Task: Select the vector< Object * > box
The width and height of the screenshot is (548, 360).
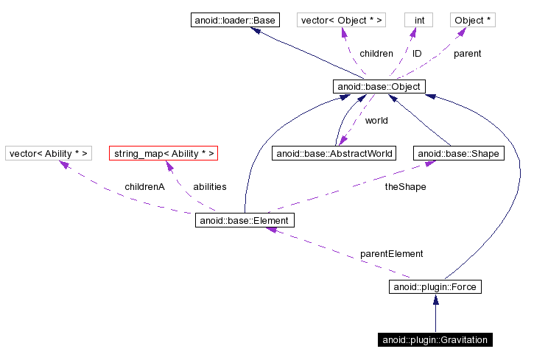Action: [x=342, y=20]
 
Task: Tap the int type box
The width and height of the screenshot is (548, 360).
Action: [x=418, y=20]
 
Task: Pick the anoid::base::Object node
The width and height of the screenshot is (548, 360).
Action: [x=379, y=87]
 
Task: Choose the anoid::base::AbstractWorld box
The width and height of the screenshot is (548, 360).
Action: [x=334, y=153]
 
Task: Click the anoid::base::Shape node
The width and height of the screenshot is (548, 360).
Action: [x=459, y=153]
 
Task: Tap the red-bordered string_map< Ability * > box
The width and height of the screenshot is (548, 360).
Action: [x=164, y=153]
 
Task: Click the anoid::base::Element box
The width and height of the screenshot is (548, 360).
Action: [x=245, y=220]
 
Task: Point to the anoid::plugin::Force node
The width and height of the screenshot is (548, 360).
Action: [x=435, y=286]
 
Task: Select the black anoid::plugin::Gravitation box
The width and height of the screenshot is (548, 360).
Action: [x=435, y=339]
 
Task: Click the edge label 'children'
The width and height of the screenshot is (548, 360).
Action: [x=376, y=54]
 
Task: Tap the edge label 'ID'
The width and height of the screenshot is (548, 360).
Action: [x=417, y=54]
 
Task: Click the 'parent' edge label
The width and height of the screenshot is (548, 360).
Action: [x=467, y=54]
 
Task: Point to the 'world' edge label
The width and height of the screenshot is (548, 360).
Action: [x=376, y=120]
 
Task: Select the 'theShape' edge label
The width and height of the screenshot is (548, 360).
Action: [x=405, y=187]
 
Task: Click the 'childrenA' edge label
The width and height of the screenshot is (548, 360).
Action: [x=144, y=187]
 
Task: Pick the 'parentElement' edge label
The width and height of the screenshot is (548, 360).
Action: [x=391, y=253]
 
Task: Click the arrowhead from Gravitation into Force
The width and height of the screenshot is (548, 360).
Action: [x=435, y=300]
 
